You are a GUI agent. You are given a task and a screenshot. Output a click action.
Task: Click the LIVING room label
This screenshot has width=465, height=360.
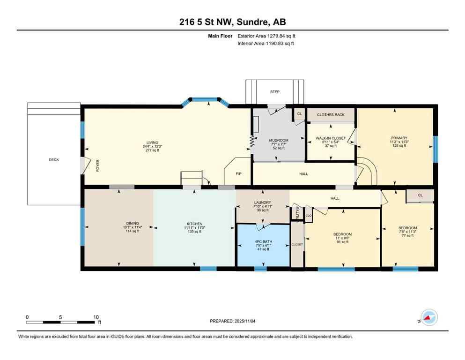coord(152,142)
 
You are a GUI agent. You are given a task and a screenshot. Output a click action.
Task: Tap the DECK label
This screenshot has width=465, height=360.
coord(54,160)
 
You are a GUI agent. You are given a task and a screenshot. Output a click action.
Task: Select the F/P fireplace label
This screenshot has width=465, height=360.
coord(238,173)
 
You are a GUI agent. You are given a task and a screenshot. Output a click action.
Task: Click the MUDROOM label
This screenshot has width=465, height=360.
coord(278,141)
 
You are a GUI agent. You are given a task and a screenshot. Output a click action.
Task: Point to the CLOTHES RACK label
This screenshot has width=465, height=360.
coord(330,115)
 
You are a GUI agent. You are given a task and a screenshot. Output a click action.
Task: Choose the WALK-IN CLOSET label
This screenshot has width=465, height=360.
coord(331,138)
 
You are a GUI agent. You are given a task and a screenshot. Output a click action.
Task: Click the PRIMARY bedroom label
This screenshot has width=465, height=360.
coord(399,138)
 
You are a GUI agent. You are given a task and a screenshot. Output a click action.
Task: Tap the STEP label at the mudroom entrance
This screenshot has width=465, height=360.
coord(274,92)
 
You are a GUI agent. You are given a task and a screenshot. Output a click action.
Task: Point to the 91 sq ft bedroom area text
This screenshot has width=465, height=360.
coord(342,242)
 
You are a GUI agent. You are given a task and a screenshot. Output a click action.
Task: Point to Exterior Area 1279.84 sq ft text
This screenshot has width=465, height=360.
coord(266,36)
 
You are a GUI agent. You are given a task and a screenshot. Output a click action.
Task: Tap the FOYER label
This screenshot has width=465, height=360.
coord(98,166)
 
